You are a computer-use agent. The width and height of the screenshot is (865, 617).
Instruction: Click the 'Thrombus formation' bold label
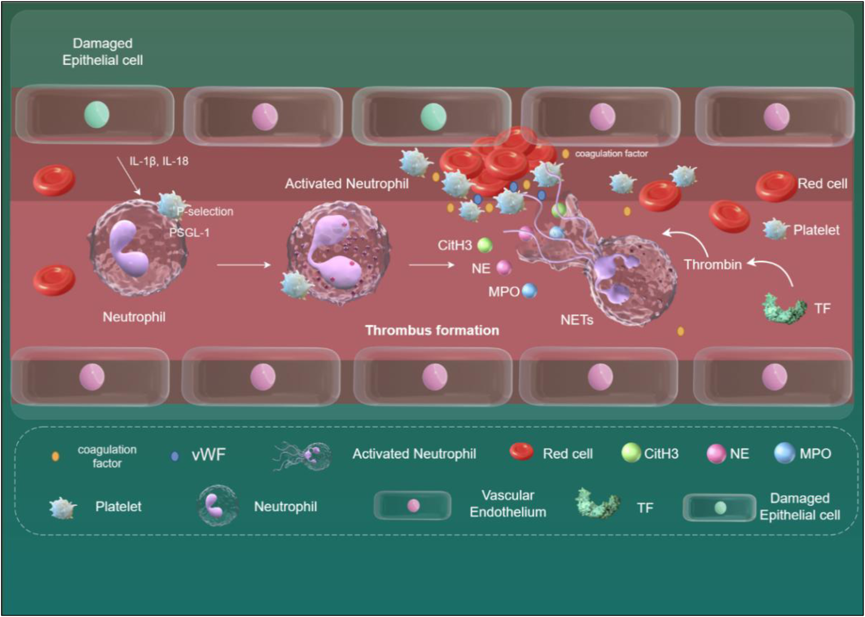[432, 330]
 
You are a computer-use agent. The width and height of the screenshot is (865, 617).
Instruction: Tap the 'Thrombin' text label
[713, 264]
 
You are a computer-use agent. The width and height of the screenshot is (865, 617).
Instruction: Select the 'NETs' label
[577, 320]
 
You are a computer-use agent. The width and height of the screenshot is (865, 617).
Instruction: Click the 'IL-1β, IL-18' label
[159, 161]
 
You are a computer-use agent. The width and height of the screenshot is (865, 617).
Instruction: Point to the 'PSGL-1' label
[189, 233]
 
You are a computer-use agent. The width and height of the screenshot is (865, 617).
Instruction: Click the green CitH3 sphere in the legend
[630, 453]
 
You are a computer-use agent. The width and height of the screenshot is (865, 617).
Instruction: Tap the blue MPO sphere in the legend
[784, 453]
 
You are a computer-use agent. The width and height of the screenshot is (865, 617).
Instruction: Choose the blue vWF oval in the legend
[175, 456]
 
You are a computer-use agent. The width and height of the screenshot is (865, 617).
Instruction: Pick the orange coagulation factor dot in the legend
[55, 456]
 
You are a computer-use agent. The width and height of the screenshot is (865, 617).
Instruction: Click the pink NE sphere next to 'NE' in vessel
[504, 267]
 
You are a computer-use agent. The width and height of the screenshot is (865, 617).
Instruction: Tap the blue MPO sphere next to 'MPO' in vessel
[529, 290]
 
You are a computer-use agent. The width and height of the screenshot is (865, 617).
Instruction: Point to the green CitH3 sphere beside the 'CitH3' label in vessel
[485, 245]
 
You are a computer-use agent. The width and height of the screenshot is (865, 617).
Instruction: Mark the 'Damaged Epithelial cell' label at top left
[102, 52]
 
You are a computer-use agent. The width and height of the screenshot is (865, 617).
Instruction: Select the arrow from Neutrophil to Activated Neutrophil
[244, 264]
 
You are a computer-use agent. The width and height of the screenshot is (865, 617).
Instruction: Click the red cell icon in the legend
[521, 452]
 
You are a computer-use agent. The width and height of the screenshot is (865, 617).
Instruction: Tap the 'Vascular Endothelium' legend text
[508, 504]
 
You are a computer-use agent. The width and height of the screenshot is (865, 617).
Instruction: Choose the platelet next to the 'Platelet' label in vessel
[775, 229]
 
